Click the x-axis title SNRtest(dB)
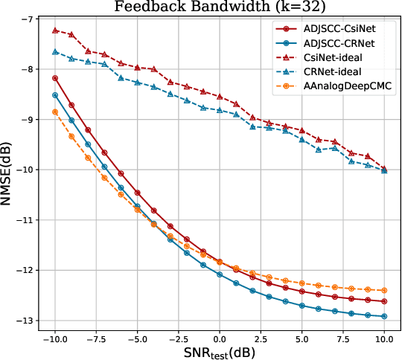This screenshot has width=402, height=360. click(219, 350)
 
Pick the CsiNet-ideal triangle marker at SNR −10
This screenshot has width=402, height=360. click(55, 30)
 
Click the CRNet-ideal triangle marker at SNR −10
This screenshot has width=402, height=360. click(55, 52)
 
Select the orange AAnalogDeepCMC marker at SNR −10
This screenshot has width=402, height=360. click(55, 112)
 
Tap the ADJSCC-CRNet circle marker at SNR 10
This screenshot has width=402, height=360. click(384, 316)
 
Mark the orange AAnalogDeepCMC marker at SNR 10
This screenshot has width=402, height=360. click(384, 290)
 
